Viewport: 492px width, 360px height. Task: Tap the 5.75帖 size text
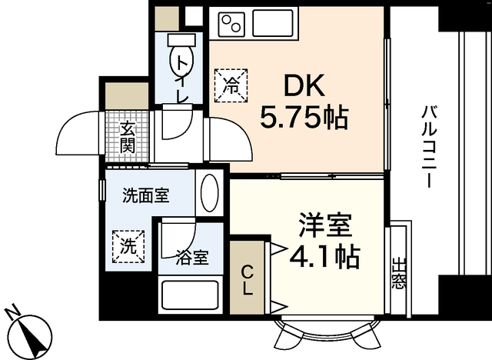tap(304, 118)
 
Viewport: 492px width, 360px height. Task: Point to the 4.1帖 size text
tap(324, 257)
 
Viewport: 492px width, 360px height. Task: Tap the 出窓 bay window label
tap(397, 273)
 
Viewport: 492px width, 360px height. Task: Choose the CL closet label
tap(248, 280)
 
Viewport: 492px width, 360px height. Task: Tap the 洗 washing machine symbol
tap(128, 247)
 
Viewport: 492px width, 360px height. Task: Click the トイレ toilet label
tap(181, 79)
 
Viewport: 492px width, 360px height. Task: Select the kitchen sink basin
tap(274, 25)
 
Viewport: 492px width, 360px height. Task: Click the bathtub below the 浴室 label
tap(189, 295)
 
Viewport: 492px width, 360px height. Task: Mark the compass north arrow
tap(32, 335)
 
